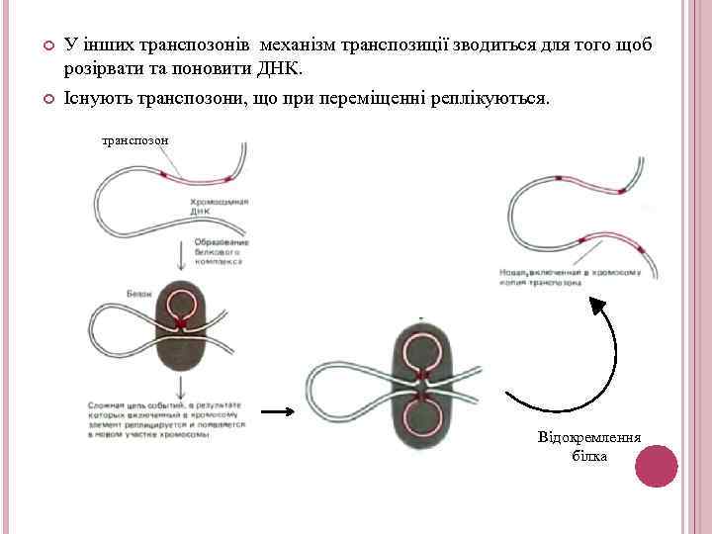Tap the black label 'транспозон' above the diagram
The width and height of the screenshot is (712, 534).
click(135, 140)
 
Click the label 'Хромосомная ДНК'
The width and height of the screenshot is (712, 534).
click(219, 207)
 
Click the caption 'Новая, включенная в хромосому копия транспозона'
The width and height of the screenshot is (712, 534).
click(571, 277)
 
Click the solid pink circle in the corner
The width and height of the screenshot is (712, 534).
click(655, 466)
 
